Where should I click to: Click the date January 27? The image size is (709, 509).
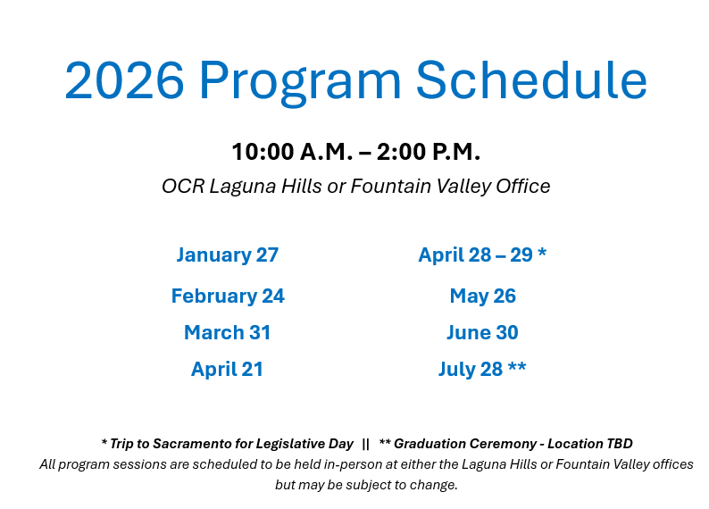pos(227,254)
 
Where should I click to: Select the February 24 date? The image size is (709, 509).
pos(227,296)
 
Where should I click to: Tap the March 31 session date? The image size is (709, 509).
pos(227,332)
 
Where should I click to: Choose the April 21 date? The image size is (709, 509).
pos(227,369)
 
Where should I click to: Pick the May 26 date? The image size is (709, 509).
pos(482,296)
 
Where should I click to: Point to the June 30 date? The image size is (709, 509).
pos(482,332)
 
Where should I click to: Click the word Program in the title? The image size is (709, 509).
pos(301,82)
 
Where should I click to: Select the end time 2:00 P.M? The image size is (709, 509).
pos(429,152)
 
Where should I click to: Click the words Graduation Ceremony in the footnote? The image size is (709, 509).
pos(465,444)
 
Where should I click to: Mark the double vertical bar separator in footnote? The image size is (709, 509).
pos(366,444)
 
